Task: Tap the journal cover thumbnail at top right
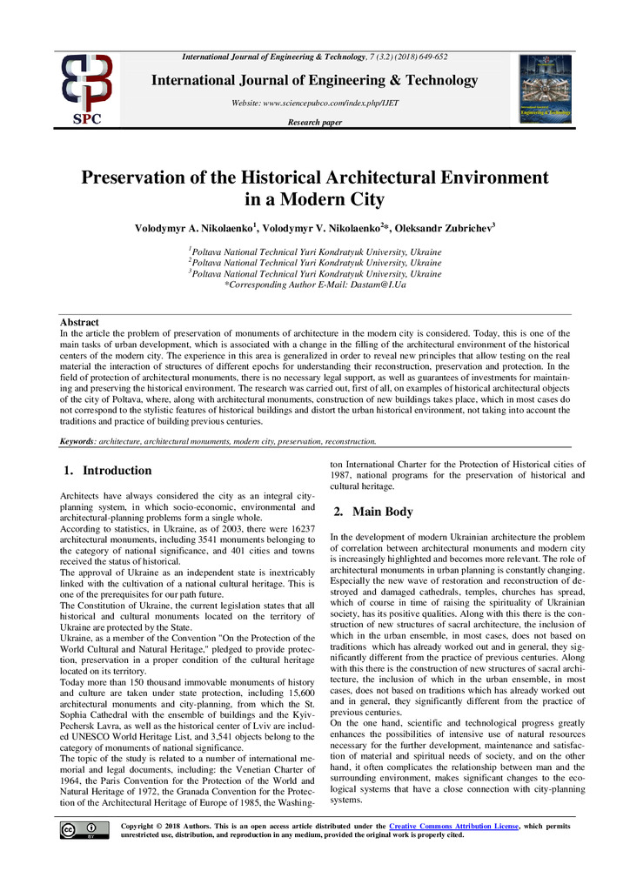pos(546,89)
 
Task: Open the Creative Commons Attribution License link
pos(453,826)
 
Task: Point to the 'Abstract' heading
pos(78,323)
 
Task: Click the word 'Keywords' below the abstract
pos(77,441)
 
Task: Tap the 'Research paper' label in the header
pos(314,123)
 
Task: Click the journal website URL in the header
pos(314,103)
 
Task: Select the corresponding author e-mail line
pos(315,285)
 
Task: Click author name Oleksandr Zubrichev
pos(446,229)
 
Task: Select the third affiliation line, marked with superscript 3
pos(315,273)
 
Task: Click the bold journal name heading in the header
pos(314,81)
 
